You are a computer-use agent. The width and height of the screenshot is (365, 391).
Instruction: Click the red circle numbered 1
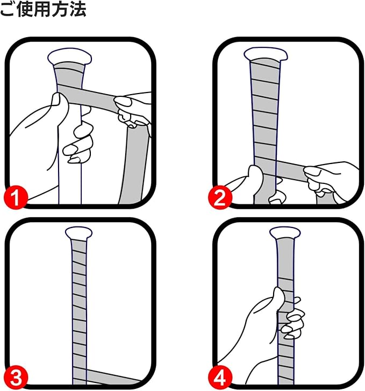(16, 197)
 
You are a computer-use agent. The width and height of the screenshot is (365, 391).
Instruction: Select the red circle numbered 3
(16, 378)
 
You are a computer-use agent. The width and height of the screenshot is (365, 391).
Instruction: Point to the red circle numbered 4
(220, 378)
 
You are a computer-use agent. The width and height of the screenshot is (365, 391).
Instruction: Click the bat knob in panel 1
(69, 57)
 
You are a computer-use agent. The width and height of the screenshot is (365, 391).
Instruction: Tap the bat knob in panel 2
(266, 54)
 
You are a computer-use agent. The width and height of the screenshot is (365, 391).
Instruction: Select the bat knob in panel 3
(78, 233)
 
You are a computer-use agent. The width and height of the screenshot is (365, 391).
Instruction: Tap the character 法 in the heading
(78, 9)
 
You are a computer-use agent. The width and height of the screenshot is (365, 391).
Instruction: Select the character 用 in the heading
(42, 9)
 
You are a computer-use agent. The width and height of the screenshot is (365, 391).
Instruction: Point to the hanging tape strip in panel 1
(134, 165)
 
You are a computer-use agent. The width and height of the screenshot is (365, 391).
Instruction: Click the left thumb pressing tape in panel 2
(255, 173)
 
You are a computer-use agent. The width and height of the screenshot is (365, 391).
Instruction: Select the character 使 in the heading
(25, 9)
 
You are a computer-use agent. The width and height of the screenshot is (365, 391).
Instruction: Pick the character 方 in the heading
(60, 9)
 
